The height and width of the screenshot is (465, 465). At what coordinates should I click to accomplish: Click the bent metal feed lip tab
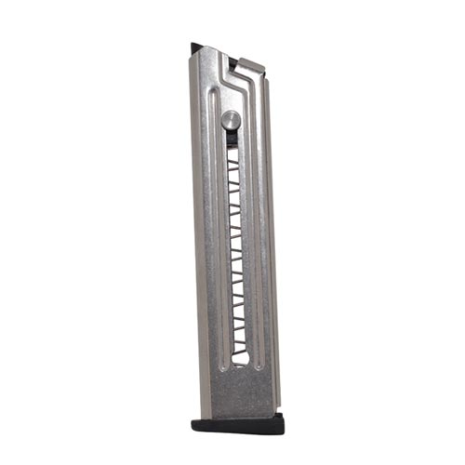(250, 64)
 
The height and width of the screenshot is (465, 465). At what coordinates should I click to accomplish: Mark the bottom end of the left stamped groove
(215, 381)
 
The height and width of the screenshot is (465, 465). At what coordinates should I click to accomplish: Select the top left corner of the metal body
(193, 52)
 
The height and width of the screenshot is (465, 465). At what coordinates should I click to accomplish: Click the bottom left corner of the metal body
(198, 415)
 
